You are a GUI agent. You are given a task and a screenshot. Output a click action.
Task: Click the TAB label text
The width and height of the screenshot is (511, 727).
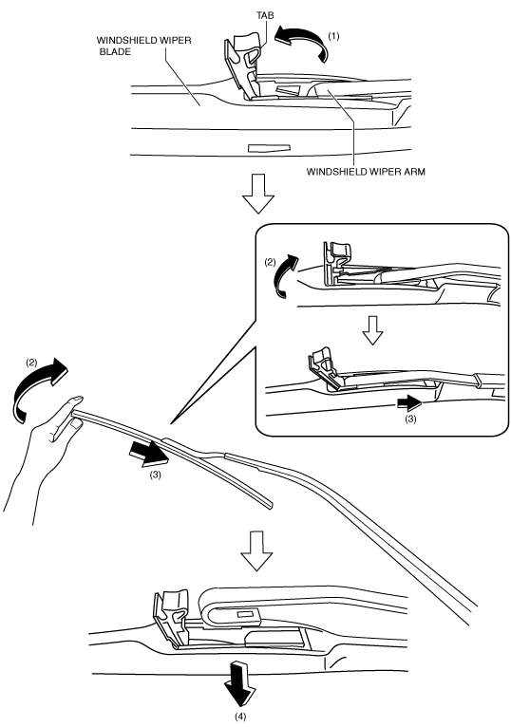click(x=266, y=15)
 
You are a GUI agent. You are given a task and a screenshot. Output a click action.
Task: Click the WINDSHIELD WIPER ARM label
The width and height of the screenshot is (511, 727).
click(x=366, y=172)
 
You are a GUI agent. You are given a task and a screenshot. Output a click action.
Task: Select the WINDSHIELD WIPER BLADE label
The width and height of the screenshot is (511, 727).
click(x=143, y=46)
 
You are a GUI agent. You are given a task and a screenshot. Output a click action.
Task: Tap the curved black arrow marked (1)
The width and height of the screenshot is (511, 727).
click(x=302, y=42)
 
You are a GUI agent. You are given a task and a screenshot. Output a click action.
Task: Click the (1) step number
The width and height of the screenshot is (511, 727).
click(x=333, y=36)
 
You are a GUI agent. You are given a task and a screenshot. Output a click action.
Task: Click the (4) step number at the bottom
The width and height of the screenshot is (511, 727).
click(x=240, y=717)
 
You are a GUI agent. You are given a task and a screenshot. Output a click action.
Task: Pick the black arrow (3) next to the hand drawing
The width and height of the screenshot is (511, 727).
click(x=147, y=453)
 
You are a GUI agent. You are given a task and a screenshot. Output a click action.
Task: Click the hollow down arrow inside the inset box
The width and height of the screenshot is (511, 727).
click(x=372, y=330)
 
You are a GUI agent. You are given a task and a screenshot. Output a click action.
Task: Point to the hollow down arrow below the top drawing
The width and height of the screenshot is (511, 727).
click(x=258, y=194)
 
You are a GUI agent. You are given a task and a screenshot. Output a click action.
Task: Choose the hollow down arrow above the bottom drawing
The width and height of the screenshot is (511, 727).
click(x=256, y=550)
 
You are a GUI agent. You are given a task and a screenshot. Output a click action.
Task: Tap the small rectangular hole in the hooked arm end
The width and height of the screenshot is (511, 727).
click(x=244, y=614)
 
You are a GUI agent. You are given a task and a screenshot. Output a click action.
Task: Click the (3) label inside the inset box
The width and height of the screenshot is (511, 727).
click(x=410, y=419)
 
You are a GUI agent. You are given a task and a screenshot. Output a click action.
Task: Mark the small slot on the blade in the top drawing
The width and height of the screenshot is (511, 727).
click(x=269, y=148)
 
